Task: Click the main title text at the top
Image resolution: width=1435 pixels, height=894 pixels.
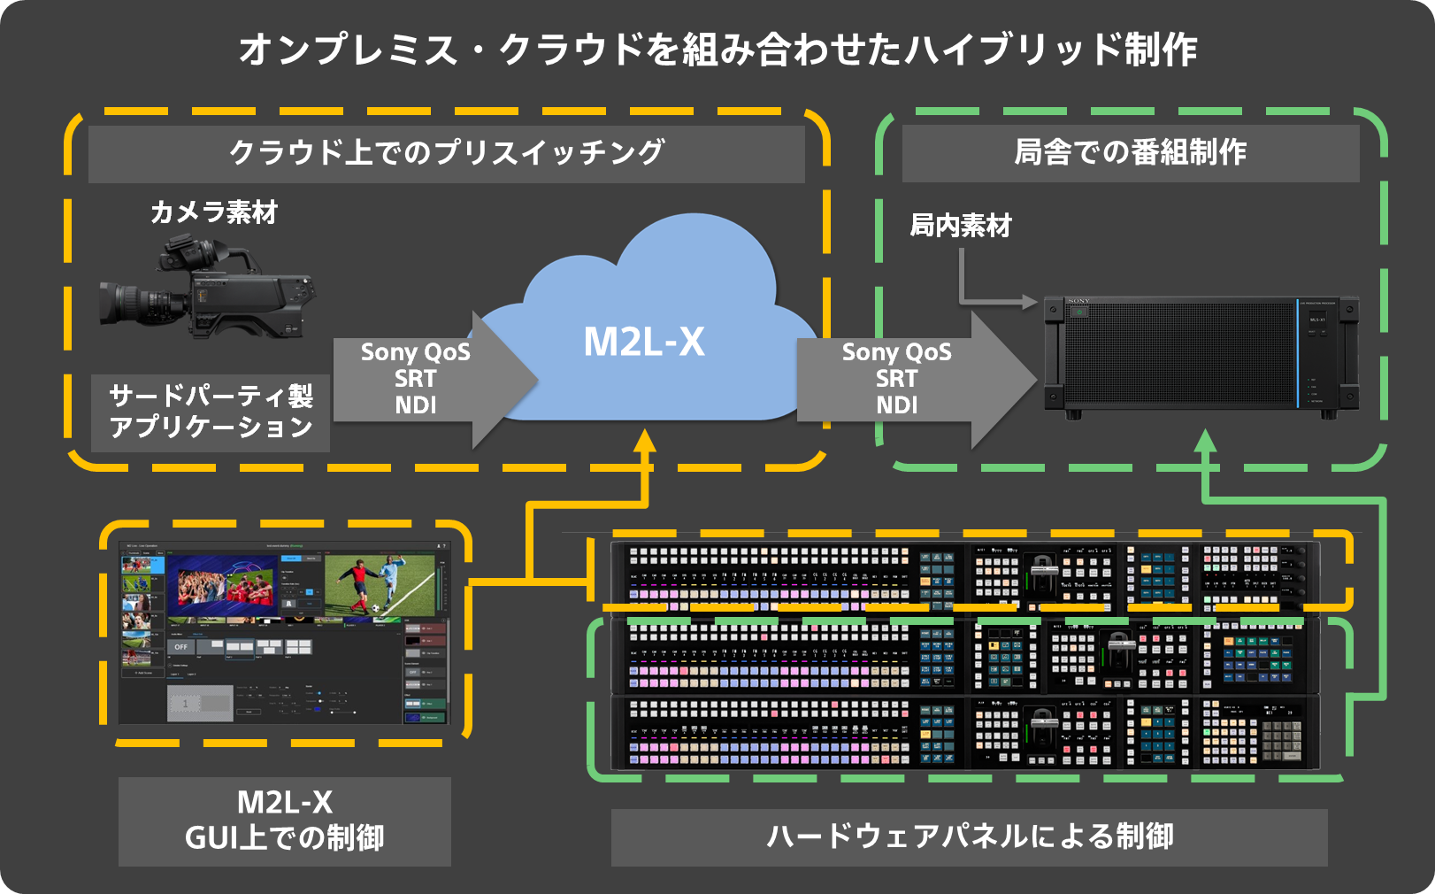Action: click(x=717, y=50)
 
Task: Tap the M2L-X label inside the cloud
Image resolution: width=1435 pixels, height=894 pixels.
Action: click(x=644, y=342)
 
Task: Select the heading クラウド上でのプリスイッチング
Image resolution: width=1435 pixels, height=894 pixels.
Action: click(x=446, y=153)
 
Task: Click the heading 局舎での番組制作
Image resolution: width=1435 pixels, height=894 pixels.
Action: click(x=1130, y=152)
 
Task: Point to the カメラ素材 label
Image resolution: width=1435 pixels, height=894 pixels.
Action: click(x=214, y=212)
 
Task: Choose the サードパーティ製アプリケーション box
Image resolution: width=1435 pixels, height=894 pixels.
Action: click(x=211, y=412)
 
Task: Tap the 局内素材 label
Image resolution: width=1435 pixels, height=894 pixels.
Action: click(x=960, y=226)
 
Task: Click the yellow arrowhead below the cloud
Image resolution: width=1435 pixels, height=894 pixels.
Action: click(x=645, y=439)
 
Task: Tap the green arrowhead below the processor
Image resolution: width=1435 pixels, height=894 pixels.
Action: click(x=1205, y=439)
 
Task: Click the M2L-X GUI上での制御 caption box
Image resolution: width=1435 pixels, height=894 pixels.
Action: click(x=284, y=821)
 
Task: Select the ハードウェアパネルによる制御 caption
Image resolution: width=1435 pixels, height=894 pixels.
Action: click(x=969, y=836)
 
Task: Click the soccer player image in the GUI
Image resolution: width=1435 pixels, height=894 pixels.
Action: click(x=380, y=585)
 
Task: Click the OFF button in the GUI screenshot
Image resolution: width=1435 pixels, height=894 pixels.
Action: click(x=180, y=647)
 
